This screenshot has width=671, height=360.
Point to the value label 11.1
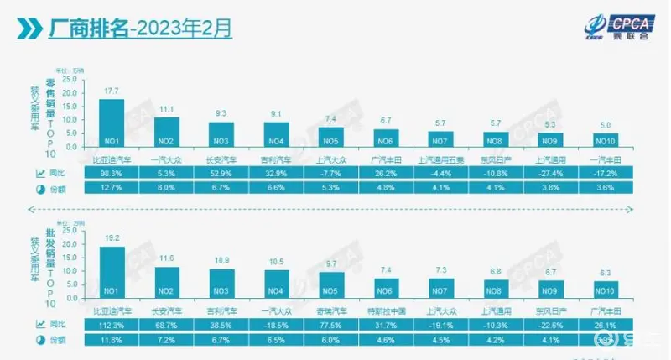(166, 110)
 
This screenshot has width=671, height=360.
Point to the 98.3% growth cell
(112, 174)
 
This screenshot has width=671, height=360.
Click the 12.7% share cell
(112, 188)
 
